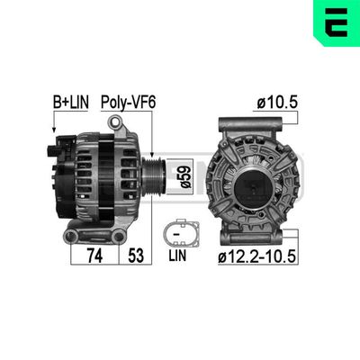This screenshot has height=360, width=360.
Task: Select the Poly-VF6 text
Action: pos(129,104)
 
